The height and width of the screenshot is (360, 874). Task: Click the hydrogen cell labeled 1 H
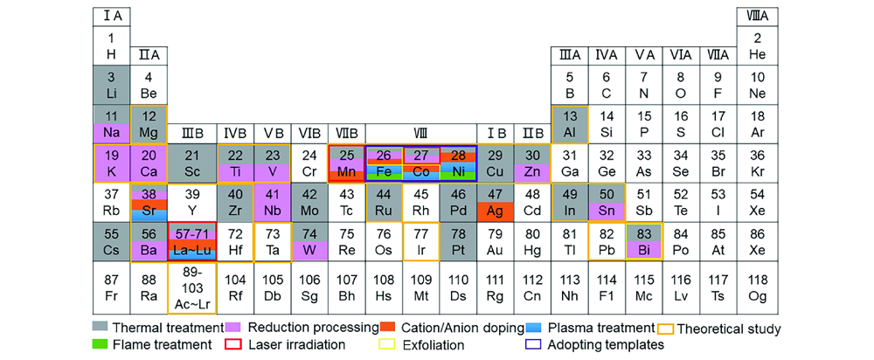(x=112, y=46)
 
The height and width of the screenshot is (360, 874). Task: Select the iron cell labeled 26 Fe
(x=384, y=163)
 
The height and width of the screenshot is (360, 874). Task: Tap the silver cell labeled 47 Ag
(x=496, y=202)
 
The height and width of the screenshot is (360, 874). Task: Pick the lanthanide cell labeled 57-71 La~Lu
(x=191, y=241)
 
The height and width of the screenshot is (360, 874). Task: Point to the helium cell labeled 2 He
(x=757, y=46)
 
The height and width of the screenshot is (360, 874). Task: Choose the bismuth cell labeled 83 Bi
(x=644, y=241)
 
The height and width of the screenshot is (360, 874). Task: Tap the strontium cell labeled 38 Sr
(x=149, y=202)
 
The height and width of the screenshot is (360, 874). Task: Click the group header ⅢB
(x=191, y=135)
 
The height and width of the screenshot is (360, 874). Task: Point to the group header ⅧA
(x=757, y=17)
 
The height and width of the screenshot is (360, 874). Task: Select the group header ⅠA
(x=112, y=17)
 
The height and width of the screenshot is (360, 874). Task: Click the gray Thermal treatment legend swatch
(x=101, y=327)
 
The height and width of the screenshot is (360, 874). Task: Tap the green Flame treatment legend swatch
(x=101, y=344)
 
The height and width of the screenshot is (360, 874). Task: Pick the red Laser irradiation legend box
(x=233, y=344)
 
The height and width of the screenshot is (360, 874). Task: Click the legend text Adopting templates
(x=607, y=344)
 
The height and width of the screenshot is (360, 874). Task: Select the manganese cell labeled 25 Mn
(x=346, y=163)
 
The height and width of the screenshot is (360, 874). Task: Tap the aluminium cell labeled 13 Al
(x=569, y=124)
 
